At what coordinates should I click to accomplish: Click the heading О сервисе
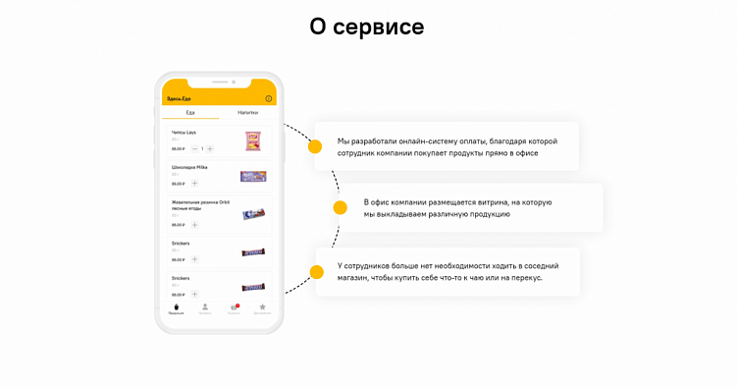tap(367, 28)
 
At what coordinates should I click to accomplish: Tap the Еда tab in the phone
tap(190, 112)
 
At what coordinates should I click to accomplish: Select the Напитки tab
tap(247, 112)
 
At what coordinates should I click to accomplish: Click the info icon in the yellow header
tap(269, 98)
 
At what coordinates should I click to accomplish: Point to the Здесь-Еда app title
tap(179, 98)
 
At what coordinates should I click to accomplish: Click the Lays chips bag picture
tap(253, 140)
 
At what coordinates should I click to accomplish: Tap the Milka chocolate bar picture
tap(253, 176)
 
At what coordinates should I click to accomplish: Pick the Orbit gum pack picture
tap(253, 213)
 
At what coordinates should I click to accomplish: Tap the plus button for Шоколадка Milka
tap(194, 184)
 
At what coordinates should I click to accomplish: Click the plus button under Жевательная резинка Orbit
tap(194, 225)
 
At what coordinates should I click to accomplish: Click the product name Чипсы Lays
tap(184, 132)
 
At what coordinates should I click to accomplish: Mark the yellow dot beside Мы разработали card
tap(315, 147)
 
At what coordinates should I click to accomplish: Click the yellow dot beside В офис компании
tap(340, 207)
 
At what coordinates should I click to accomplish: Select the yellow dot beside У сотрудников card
tap(316, 272)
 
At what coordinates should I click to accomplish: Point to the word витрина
tap(492, 202)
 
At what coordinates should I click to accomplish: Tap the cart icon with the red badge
tap(234, 307)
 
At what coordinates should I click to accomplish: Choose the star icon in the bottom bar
tap(262, 307)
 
